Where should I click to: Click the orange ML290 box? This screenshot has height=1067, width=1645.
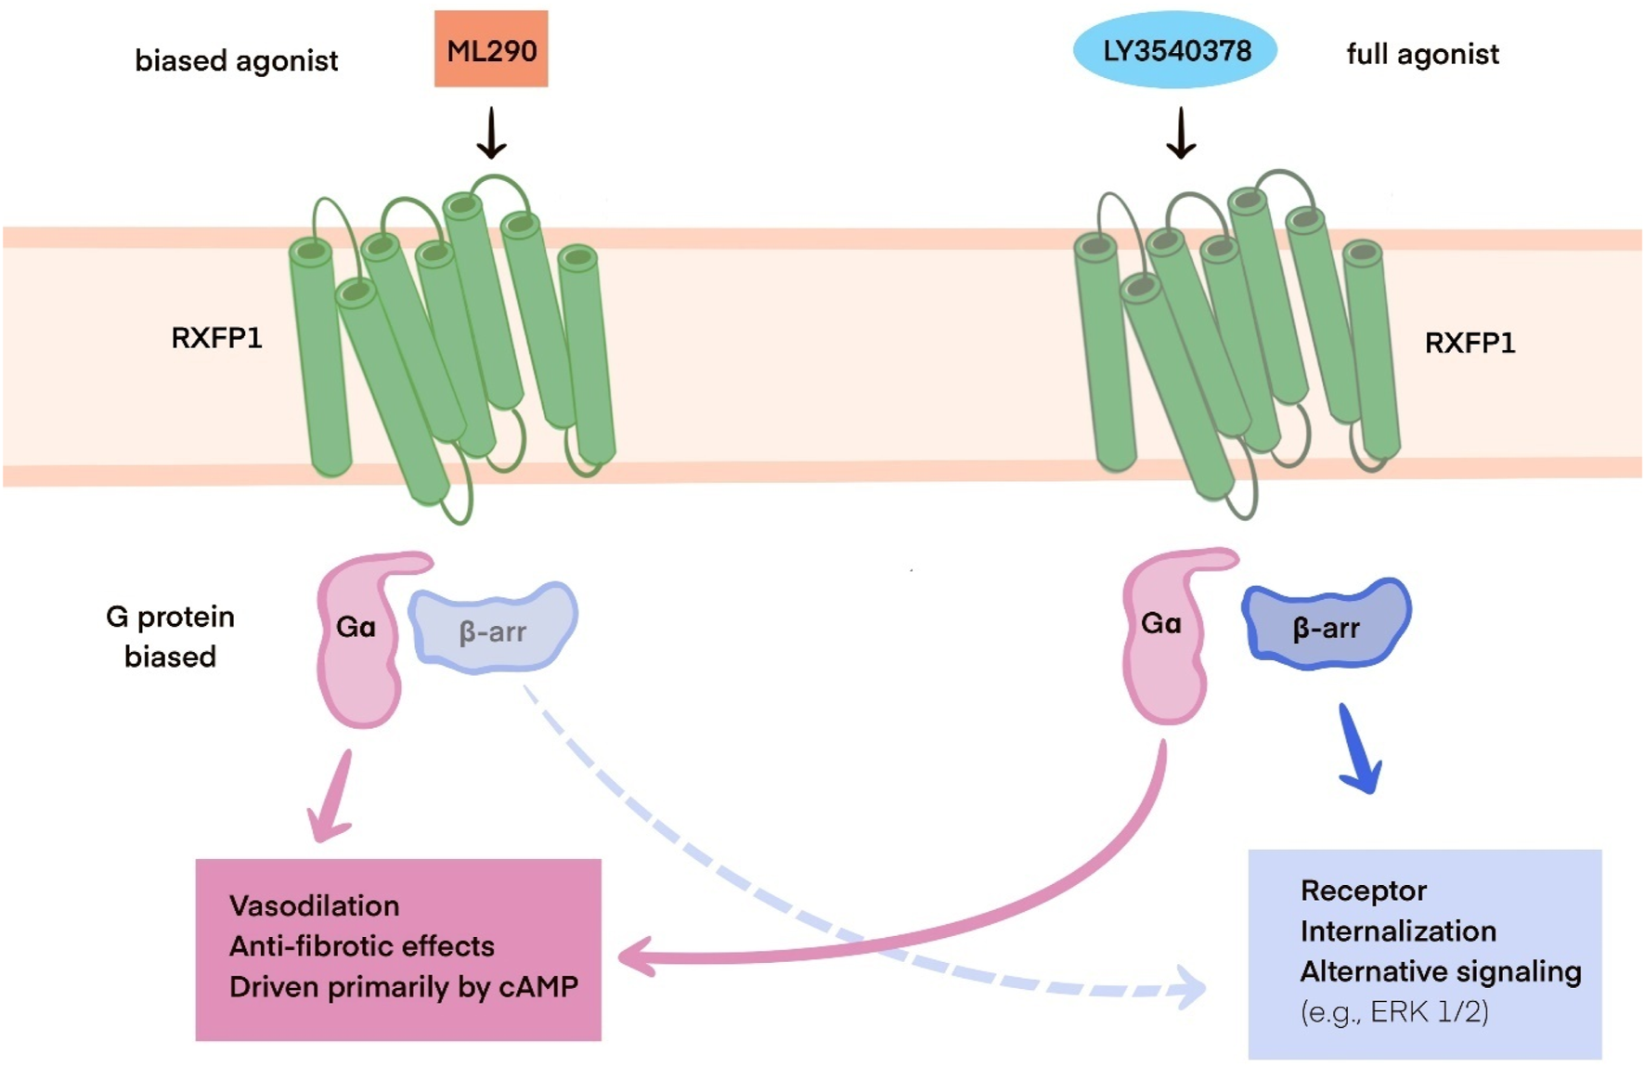(x=491, y=49)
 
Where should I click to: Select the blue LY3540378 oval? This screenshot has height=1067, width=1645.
(x=1175, y=50)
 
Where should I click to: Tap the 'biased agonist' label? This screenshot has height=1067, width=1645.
(x=236, y=60)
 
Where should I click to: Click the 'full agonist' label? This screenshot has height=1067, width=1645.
(x=1422, y=54)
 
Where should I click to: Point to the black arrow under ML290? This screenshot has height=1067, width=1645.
(x=491, y=133)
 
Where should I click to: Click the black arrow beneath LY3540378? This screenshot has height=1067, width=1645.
(x=1180, y=133)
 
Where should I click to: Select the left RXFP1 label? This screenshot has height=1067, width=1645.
(x=216, y=337)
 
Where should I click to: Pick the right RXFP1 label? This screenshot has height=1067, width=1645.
(x=1470, y=343)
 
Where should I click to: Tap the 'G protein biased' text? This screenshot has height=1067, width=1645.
(x=170, y=636)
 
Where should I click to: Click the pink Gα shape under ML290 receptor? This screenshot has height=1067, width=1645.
(x=357, y=641)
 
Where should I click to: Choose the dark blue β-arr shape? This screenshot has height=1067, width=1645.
(x=1326, y=624)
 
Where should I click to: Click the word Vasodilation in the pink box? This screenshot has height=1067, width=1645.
(x=314, y=905)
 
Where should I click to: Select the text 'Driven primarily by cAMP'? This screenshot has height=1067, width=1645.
(x=403, y=986)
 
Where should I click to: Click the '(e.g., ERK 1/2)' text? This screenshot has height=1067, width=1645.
(x=1394, y=1011)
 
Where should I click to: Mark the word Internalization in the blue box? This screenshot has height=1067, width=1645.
(x=1398, y=930)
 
